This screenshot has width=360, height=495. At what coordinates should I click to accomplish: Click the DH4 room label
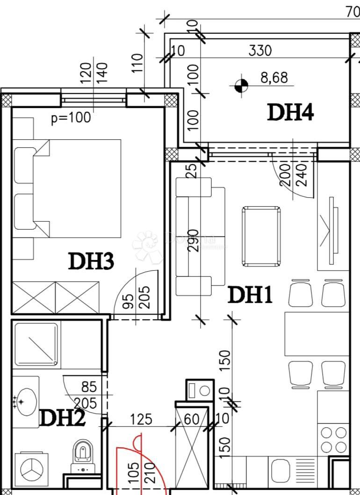290,113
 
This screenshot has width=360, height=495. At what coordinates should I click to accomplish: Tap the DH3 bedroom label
91,261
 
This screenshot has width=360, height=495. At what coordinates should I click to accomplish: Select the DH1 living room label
250,295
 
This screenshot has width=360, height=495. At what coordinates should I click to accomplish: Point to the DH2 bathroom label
62,418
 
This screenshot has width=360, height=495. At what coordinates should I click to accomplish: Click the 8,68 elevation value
274,78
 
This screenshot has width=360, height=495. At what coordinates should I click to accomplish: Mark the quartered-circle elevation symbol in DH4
241,85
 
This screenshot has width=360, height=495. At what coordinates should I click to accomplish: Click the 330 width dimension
259,50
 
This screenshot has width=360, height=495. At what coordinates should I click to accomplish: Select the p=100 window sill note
71,118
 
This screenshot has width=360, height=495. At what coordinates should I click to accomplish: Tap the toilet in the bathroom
82,455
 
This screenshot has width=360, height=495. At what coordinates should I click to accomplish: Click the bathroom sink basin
26,402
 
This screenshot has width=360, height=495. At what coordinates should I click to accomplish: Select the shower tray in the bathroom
36,344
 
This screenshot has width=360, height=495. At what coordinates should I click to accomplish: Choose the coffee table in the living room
261,236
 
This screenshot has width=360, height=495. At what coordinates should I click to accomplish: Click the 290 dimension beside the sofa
196,241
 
